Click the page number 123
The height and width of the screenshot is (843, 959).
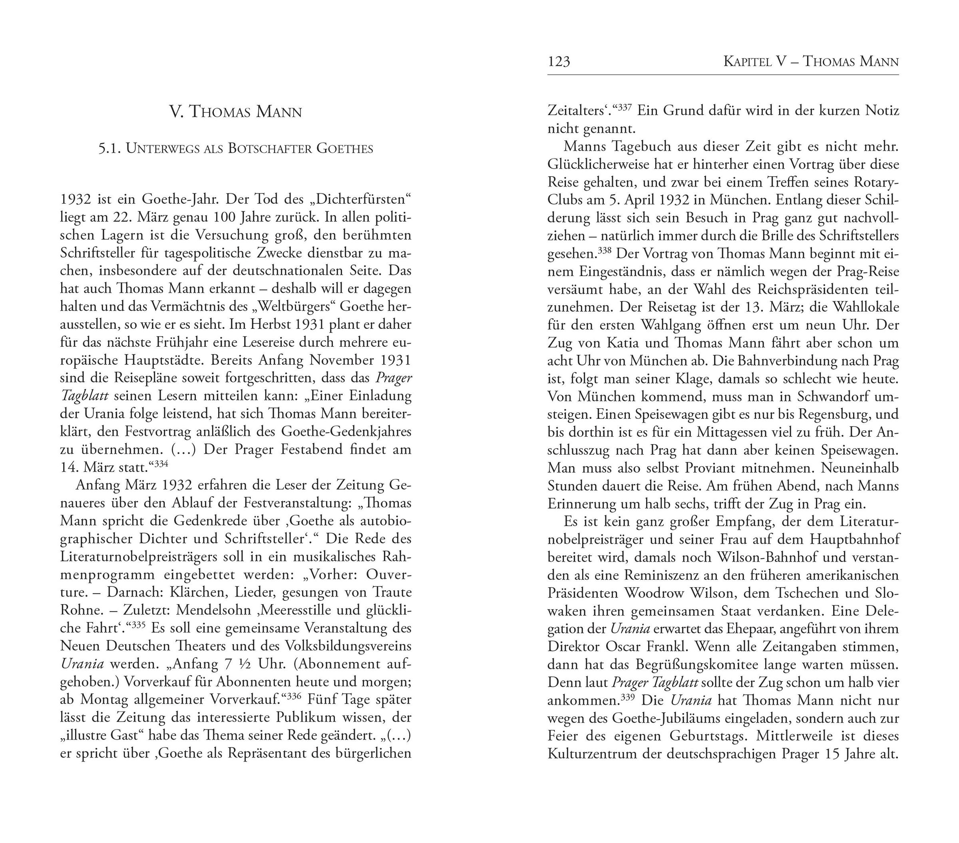tap(558, 62)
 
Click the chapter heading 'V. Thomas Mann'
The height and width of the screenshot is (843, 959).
tap(235, 112)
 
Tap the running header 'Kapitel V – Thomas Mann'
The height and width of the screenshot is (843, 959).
tap(811, 62)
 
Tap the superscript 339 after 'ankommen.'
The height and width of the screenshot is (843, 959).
tap(627, 697)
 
